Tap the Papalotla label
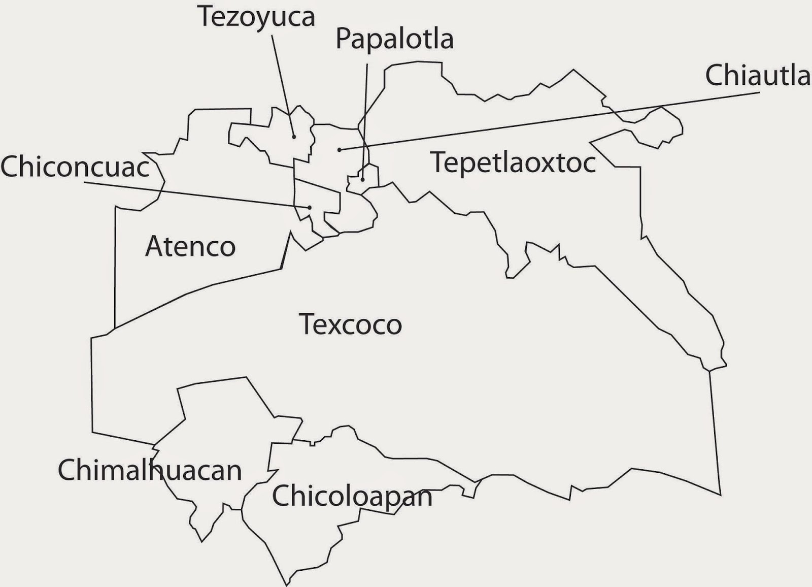pyautogui.click(x=394, y=40)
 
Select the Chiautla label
pyautogui.click(x=758, y=76)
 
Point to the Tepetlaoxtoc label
pyautogui.click(x=513, y=162)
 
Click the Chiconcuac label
pyautogui.click(x=75, y=167)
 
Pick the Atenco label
pyautogui.click(x=190, y=247)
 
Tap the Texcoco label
pyautogui.click(x=350, y=324)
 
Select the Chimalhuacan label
pyautogui.click(x=150, y=470)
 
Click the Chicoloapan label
pyautogui.click(x=352, y=496)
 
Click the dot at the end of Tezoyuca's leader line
pyautogui.click(x=294, y=137)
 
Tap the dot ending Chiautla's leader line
pyautogui.click(x=339, y=149)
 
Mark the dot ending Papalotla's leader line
pyautogui.click(x=362, y=179)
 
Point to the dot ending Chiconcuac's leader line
pyautogui.click(x=309, y=207)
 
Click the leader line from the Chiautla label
pyautogui.click(x=548, y=121)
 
